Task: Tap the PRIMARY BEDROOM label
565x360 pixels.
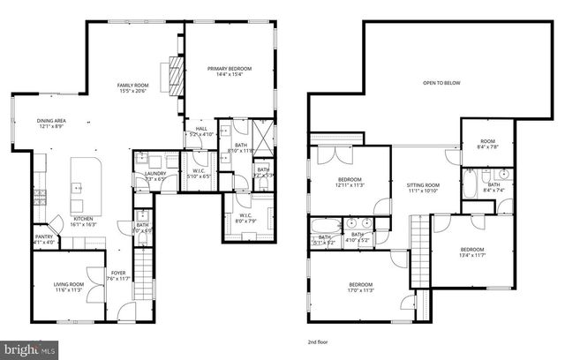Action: (230, 68)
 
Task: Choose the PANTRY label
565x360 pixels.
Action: (43, 236)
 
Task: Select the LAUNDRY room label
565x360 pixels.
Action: (155, 174)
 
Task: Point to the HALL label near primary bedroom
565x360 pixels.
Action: (200, 129)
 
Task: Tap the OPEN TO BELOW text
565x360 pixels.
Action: (441, 82)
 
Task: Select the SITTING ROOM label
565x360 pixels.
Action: (423, 185)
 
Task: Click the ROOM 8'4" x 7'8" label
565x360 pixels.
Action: (487, 142)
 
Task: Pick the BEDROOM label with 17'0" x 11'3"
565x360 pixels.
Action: (349, 284)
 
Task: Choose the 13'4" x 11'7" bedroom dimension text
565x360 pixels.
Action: (472, 255)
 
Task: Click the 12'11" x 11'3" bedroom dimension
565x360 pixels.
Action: (350, 185)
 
